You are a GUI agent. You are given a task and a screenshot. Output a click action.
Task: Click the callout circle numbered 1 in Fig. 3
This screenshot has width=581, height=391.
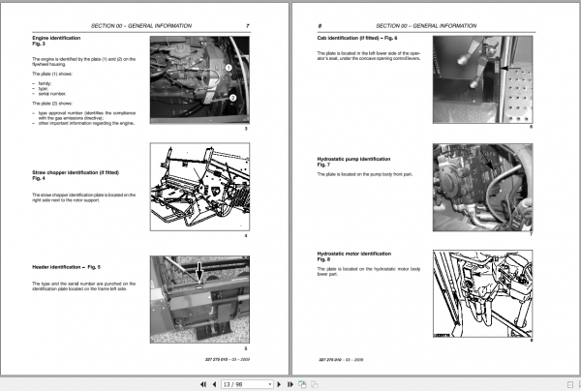(x=229, y=68)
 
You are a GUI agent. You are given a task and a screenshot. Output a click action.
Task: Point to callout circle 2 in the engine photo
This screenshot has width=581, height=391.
(x=232, y=97)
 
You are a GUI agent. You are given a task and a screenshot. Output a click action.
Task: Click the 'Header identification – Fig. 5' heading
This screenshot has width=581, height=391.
(x=66, y=265)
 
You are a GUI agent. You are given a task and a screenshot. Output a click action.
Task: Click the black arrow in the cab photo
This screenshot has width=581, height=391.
(x=508, y=68)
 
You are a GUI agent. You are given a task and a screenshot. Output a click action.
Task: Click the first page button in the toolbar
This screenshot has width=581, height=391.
(x=202, y=383)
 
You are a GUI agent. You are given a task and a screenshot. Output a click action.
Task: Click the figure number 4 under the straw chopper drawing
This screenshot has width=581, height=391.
(x=247, y=236)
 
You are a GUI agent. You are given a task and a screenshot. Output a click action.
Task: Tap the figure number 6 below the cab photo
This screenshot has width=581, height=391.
(x=531, y=127)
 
